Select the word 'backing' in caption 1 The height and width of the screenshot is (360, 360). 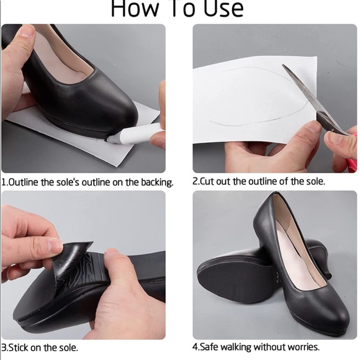point(155,182)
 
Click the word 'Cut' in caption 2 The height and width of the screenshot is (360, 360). point(209,182)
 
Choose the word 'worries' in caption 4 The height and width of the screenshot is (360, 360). point(301,347)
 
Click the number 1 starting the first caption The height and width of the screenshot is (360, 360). point(4,182)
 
